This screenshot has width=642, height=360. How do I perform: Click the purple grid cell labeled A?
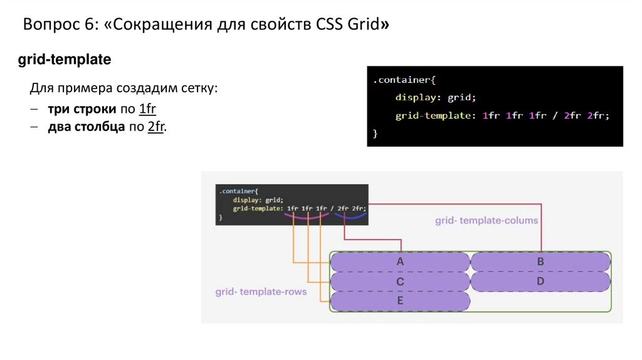coord(400,262)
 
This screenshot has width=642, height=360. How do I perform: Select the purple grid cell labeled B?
coord(540,262)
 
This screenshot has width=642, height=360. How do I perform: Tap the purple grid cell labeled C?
coord(400,282)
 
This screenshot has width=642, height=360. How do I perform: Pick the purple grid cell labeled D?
coord(540,282)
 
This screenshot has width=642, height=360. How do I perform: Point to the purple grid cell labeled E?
coord(400,302)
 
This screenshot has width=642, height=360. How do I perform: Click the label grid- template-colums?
coord(487,221)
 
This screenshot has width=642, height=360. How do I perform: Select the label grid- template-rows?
coord(261,292)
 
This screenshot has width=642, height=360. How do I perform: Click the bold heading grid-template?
coord(65,60)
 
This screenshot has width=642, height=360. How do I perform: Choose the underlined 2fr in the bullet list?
coord(155,127)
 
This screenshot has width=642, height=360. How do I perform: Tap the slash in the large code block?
coord(554,116)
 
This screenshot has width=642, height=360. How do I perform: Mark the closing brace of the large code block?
coord(375,134)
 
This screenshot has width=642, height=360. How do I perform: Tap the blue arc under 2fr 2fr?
coord(350,217)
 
